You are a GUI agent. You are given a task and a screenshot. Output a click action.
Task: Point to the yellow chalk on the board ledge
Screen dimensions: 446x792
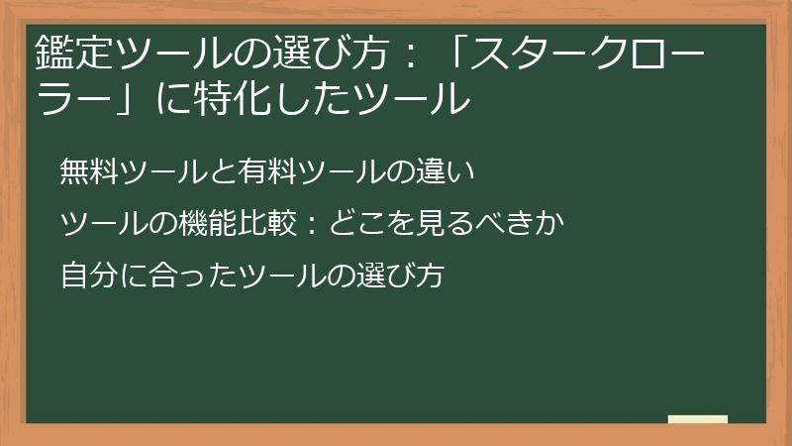697,420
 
